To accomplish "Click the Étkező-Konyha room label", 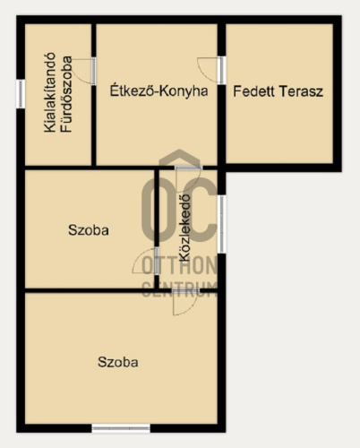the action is point(159,90).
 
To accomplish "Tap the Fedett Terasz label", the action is point(278,91).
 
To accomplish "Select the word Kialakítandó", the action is point(49,92).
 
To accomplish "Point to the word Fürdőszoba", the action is point(66,94).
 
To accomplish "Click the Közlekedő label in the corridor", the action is point(184,228).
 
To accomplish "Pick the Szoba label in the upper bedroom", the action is point(89,230).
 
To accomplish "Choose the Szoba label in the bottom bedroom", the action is point(118,362).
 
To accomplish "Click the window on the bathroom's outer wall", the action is point(21,94).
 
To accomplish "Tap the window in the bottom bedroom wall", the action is point(121,428).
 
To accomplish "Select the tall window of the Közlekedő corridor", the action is point(221,224).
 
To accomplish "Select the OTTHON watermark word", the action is point(180,265).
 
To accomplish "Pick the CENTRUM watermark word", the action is point(180,289).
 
